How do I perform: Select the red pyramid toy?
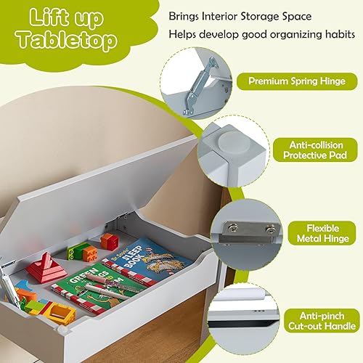click(x=47, y=268)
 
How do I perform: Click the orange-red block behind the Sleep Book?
click(x=109, y=241)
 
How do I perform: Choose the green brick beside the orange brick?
click(x=78, y=253)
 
